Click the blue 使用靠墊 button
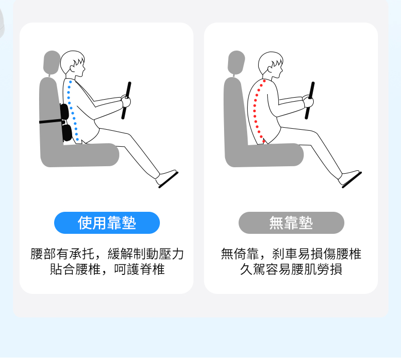(x=107, y=223)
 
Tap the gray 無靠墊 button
(x=291, y=223)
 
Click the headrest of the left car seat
(x=51, y=62)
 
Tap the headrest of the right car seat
(x=236, y=62)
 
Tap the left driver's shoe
(x=167, y=177)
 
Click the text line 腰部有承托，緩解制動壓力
(x=107, y=254)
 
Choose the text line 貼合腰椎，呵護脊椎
(x=107, y=270)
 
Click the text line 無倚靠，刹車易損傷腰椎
(x=291, y=254)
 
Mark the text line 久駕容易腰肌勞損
(x=291, y=270)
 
